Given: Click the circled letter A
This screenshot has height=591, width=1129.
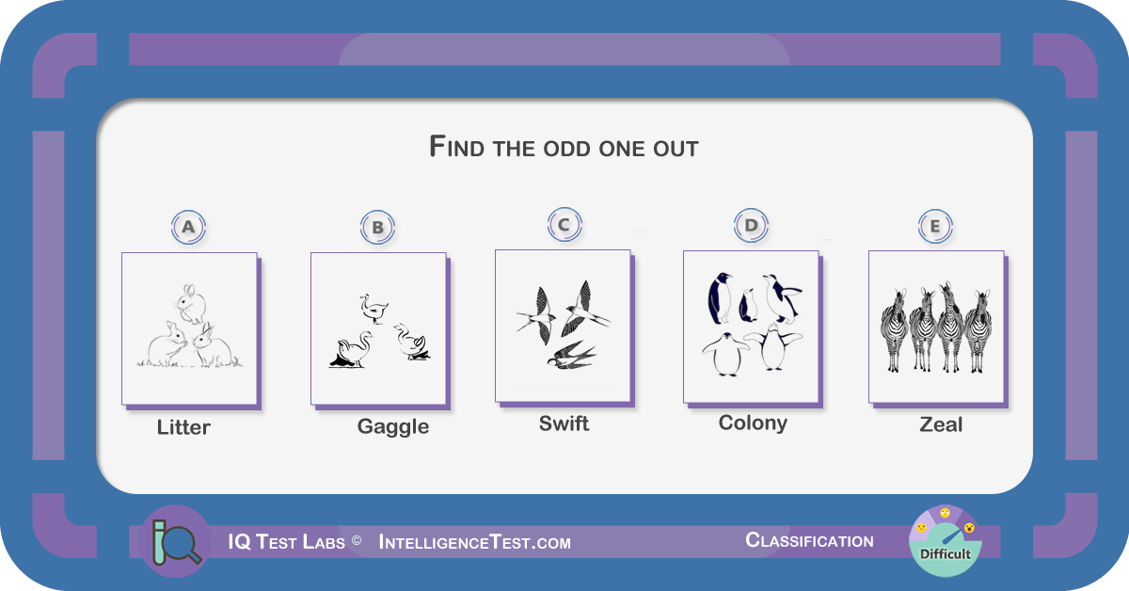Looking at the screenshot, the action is click(x=188, y=227).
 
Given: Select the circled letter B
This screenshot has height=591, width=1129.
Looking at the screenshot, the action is click(x=377, y=228).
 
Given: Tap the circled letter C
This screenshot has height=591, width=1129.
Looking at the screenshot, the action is click(x=564, y=224).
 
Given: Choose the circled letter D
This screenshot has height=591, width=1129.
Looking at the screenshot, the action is click(x=751, y=226).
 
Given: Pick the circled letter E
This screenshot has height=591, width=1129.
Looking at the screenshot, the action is click(x=935, y=227).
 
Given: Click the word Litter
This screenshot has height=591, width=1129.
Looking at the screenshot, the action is click(x=183, y=427).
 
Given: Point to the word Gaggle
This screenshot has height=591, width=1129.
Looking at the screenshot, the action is click(x=393, y=427).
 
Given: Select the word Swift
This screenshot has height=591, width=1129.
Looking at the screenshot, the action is click(x=564, y=423).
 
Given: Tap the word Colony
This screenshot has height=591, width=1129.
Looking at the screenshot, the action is click(x=753, y=423).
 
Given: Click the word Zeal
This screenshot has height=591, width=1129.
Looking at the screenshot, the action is click(x=941, y=424).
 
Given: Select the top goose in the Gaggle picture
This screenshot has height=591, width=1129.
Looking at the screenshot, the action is click(x=374, y=309).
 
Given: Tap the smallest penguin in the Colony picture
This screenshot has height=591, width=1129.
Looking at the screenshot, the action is click(x=748, y=306).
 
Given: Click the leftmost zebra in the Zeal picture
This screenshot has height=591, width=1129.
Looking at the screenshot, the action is click(x=894, y=330).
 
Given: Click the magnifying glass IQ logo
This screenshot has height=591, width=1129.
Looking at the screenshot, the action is click(x=175, y=541).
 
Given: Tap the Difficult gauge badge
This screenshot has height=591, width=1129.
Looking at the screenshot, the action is click(x=946, y=541).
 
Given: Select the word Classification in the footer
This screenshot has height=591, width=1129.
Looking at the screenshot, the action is click(x=809, y=540).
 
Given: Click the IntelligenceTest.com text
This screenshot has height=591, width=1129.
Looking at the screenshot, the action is click(x=475, y=543).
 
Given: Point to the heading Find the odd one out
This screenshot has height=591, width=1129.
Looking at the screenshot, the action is click(x=564, y=147).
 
